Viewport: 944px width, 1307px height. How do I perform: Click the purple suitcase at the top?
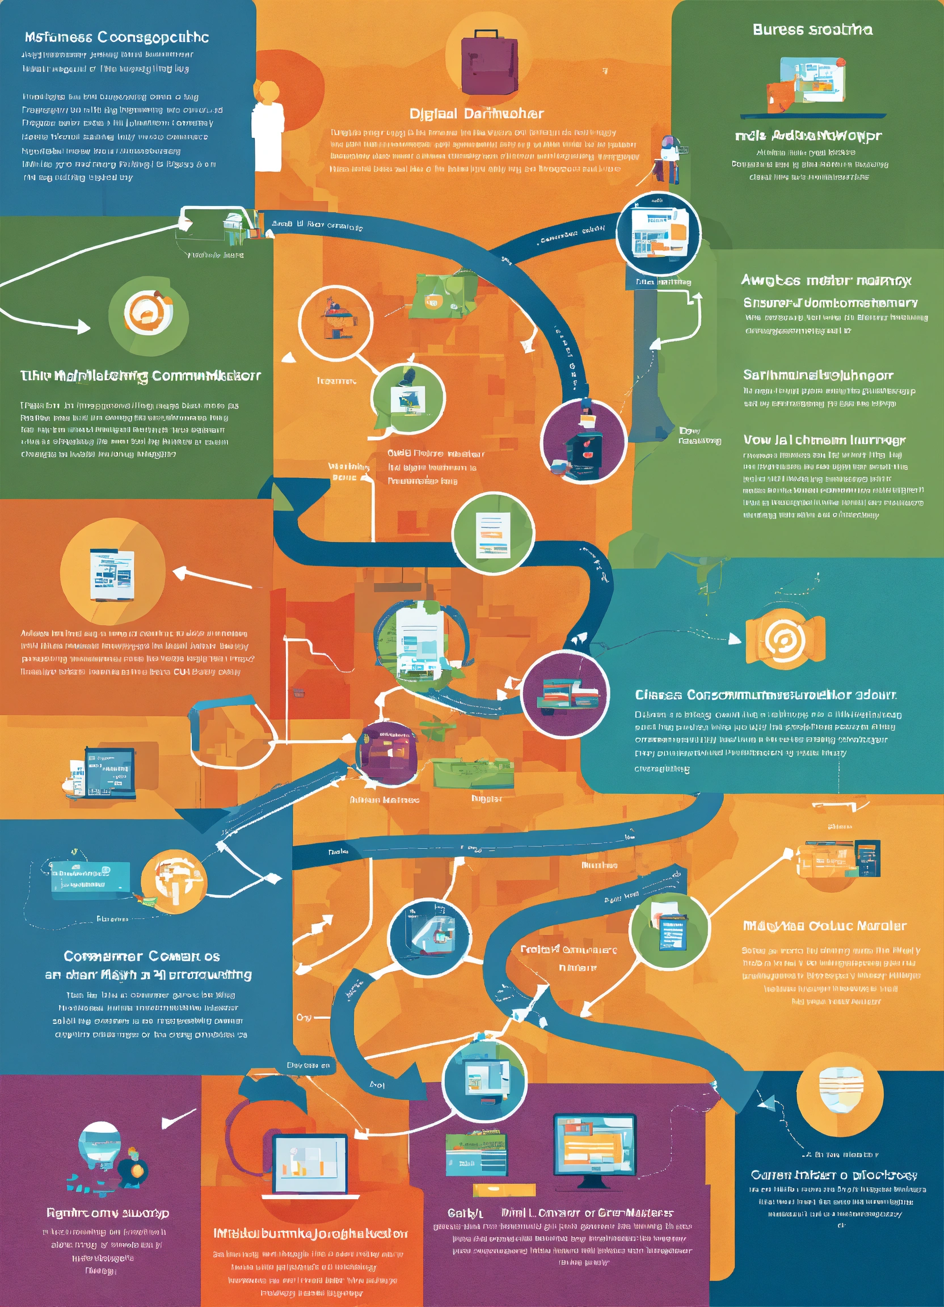coord(489,62)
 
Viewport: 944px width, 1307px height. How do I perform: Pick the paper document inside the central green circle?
coord(493,534)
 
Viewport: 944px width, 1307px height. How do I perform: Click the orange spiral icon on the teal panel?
coord(785,638)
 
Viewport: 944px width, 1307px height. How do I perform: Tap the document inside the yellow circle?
coord(112,574)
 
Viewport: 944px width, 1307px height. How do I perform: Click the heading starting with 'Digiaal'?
coord(476,113)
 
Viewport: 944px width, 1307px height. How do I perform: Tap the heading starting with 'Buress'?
coord(812,30)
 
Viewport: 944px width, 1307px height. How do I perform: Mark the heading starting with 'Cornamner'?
coord(142,956)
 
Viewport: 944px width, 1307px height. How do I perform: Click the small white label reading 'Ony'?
coord(304,1017)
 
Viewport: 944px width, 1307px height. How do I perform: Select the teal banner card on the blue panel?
coord(90,880)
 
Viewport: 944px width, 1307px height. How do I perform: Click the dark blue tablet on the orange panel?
coord(109,771)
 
